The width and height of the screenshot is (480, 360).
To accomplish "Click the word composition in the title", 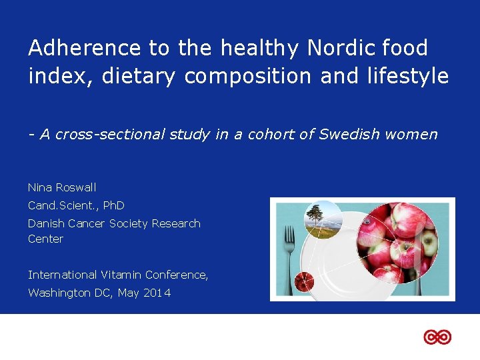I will [x=248, y=76].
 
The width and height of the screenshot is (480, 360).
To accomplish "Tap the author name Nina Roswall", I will [x=62, y=187].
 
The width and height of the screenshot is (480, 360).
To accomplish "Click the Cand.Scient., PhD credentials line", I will [x=76, y=205].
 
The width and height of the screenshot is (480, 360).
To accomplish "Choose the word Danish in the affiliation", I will [x=46, y=223].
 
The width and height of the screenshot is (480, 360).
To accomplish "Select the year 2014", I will [x=157, y=293].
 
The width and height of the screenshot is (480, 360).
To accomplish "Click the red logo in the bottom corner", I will [x=437, y=337].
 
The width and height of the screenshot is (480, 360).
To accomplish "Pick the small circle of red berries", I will [x=304, y=281].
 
